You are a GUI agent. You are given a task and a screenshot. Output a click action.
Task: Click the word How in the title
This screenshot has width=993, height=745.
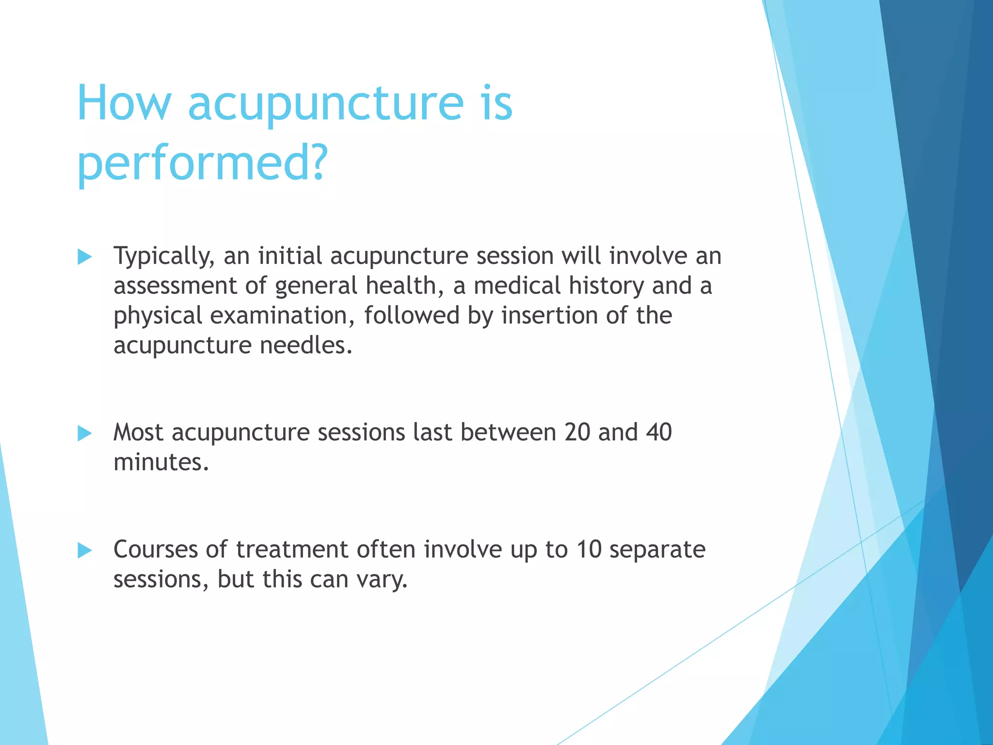pyautogui.click(x=124, y=103)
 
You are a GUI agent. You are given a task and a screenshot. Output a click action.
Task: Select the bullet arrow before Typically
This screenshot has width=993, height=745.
pyautogui.click(x=84, y=257)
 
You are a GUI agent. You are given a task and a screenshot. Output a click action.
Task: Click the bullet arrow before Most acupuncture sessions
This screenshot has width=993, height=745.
pyautogui.click(x=84, y=433)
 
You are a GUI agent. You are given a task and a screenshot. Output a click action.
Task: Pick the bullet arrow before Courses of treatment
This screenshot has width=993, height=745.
pyautogui.click(x=84, y=551)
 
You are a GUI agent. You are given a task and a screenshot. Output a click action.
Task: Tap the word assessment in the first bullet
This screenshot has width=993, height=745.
pyautogui.click(x=175, y=286)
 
